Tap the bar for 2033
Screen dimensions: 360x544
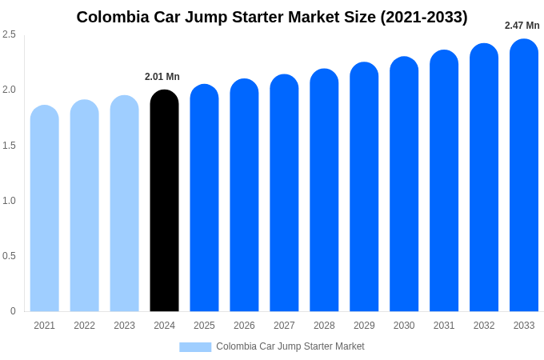tap(524, 176)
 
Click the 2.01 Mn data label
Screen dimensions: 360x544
tap(162, 77)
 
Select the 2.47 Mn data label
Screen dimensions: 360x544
tap(522, 26)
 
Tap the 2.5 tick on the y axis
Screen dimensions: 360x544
tap(9, 34)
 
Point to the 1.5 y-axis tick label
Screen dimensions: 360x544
tap(9, 146)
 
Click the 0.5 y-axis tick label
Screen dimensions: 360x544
tap(9, 256)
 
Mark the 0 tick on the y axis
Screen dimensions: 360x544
tap(13, 311)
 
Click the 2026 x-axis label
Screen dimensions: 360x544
tap(244, 326)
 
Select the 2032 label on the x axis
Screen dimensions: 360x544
tap(484, 326)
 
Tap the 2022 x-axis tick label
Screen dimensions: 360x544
tap(84, 326)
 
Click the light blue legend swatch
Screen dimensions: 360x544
tap(195, 347)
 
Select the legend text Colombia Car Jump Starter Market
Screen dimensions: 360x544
tap(290, 346)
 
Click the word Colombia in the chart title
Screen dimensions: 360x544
tap(108, 17)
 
